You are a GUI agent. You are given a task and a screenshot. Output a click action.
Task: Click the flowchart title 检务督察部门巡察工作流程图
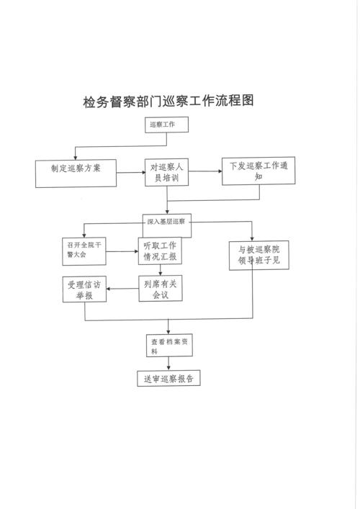point(168,102)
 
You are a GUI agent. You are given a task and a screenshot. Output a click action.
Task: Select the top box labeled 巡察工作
point(166,125)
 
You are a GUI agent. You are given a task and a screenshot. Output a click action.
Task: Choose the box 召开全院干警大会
point(85,251)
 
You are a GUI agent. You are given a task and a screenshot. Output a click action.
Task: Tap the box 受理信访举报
point(86,289)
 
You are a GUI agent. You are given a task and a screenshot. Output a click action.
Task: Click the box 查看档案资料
point(168,346)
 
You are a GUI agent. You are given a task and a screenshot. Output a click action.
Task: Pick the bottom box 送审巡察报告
point(168,377)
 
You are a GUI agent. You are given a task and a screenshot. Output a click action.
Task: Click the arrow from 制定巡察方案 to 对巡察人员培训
point(130,172)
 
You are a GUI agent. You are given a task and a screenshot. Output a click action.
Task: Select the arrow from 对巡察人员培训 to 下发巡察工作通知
point(207,171)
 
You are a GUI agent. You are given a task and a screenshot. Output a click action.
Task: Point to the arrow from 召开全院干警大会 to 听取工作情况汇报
point(123,251)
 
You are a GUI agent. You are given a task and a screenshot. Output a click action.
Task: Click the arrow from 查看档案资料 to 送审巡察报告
point(168,364)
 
